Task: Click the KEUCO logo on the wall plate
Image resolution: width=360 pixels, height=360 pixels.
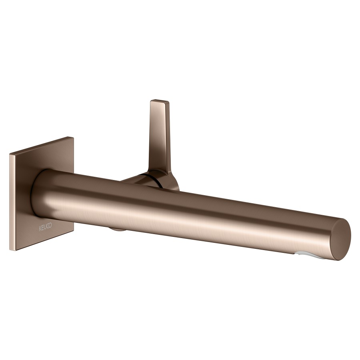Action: pyautogui.click(x=45, y=227)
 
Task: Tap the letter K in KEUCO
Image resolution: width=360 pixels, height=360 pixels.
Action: pyautogui.click(x=40, y=229)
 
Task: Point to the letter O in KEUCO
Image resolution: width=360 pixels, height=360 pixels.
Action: pyautogui.click(x=50, y=226)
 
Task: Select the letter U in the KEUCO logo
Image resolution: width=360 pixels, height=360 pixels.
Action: pyautogui.click(x=45, y=227)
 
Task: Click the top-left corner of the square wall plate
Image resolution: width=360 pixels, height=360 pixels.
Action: pyautogui.click(x=10, y=154)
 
